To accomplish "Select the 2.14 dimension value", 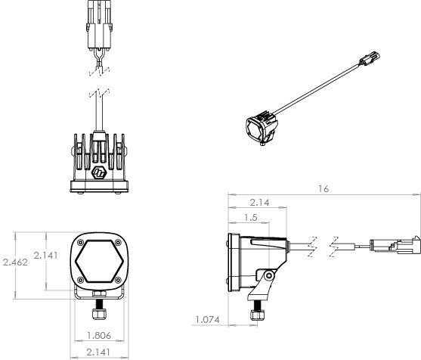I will click(258, 202).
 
